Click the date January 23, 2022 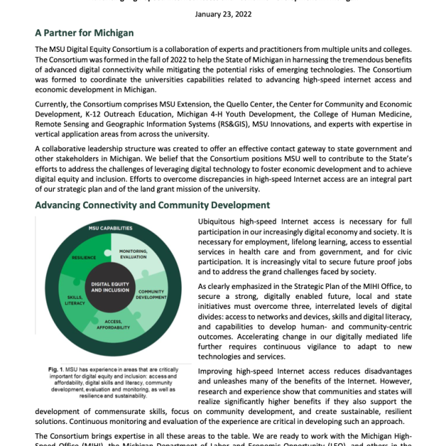[222, 15]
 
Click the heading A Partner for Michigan [84, 33]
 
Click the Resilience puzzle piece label [84, 256]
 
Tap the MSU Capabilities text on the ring [111, 228]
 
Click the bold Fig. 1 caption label [56, 369]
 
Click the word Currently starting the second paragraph [55, 105]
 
